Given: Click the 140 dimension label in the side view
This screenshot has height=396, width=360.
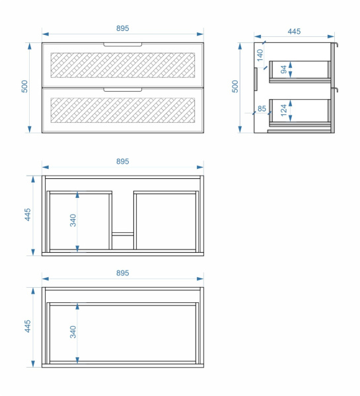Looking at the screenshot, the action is pos(260,55).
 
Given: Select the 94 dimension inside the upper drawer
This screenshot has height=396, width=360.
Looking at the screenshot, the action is pos(283,69).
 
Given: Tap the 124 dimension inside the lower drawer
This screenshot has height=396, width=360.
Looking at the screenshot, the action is pos(283,110).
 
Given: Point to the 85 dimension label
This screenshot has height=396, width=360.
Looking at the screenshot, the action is pos(262,109).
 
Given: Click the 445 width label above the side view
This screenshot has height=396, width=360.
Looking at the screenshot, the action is pos(294,32).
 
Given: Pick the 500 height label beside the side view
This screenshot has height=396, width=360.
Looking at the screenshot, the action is pos(235,86).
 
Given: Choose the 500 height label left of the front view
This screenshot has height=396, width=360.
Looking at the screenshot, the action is pos(24,86).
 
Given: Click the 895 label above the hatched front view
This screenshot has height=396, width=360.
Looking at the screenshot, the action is pos(123,28).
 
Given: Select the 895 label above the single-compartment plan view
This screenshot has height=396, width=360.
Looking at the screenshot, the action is pos(123,273).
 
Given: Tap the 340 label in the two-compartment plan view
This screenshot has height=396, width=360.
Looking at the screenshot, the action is pos(73,220).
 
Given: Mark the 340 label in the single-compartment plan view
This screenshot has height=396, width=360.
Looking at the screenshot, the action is pos(73,332).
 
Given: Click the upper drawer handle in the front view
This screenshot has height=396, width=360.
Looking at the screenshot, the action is pos(123,45).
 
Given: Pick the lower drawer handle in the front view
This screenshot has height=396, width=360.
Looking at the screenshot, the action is pos(123,90).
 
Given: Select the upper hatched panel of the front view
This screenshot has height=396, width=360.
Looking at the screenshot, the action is pos(123,65).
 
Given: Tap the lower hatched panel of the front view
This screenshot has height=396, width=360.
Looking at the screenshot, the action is pos(123,110).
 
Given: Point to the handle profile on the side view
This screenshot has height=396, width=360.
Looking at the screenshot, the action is pos(256,79).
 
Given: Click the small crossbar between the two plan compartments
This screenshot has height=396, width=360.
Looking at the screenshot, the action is pos(123,234).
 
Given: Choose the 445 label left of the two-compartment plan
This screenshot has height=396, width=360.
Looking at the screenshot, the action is pos(28,214).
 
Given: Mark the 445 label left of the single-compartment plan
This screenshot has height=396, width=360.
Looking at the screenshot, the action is pos(28,326).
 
